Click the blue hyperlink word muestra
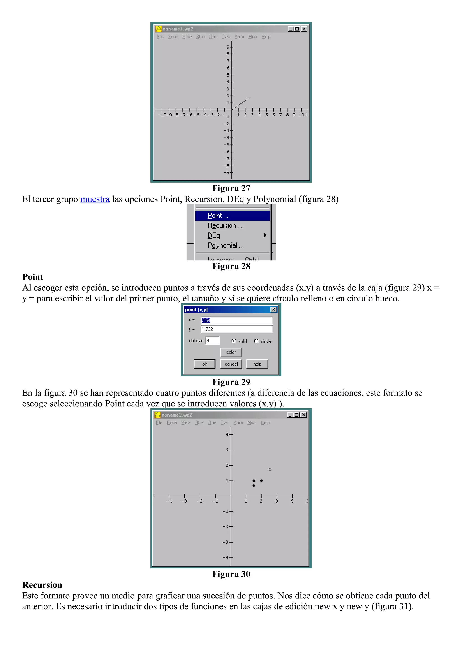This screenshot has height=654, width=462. (95, 199)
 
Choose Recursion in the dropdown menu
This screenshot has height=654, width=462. (225, 226)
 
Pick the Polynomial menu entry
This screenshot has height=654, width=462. (225, 245)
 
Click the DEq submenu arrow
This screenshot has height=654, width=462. (265, 235)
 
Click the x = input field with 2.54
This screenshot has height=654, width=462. (236, 320)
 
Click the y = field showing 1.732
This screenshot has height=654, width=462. (236, 329)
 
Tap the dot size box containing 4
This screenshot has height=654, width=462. (212, 341)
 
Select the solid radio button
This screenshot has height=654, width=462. (234, 341)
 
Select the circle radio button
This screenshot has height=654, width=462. (256, 341)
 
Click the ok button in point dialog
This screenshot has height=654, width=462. (204, 364)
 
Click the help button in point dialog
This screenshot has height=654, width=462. (257, 364)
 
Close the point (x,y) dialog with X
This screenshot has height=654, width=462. (274, 310)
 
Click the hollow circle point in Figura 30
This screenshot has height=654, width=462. (270, 469)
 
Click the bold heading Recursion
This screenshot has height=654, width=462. (42, 585)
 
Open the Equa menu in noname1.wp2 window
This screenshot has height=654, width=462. (173, 37)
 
